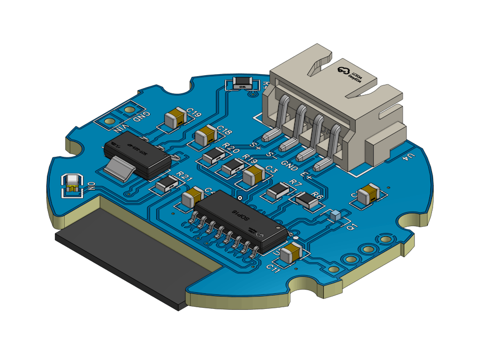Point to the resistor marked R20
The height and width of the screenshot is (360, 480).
[x=214, y=155]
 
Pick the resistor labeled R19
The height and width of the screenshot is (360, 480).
[x=233, y=168]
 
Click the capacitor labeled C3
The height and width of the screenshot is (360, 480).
[x=254, y=175]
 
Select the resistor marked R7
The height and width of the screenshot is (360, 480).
[x=277, y=190]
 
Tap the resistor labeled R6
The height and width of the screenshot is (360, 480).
[x=306, y=200]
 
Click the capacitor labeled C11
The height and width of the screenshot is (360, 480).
[x=291, y=253]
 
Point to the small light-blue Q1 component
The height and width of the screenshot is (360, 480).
[x=335, y=215]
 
